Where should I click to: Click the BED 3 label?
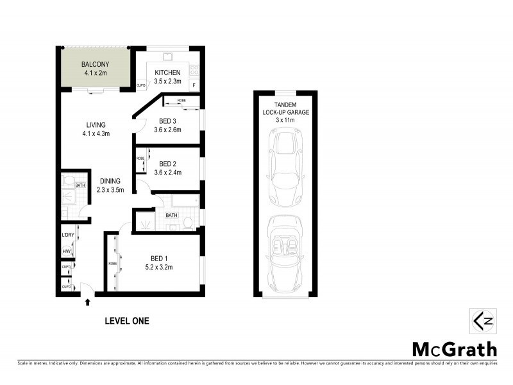(167, 121)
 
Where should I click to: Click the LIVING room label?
(96, 124)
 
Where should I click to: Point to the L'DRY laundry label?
(67, 236)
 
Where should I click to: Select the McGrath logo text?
(454, 350)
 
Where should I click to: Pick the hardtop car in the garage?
(283, 160)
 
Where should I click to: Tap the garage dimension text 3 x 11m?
(283, 119)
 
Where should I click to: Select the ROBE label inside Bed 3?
(181, 101)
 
